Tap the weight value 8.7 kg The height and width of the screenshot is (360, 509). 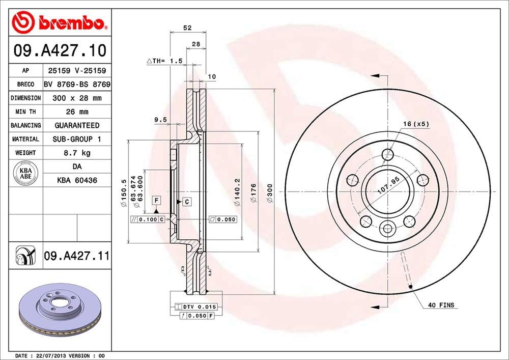coord(77,153)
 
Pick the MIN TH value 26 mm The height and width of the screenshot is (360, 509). coord(77,112)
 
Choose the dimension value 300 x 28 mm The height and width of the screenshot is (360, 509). coord(77,98)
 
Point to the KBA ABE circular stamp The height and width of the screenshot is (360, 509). coord(25,173)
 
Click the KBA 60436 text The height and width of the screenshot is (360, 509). coord(77,180)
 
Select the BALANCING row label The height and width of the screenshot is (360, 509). coord(25,125)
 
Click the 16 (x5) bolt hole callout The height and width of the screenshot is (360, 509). coord(416,124)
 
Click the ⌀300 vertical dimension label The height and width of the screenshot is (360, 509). coord(270,193)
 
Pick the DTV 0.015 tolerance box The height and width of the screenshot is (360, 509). coord(195,307)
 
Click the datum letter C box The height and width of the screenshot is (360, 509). coord(187,202)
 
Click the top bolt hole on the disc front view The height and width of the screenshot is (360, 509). coord(388,155)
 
